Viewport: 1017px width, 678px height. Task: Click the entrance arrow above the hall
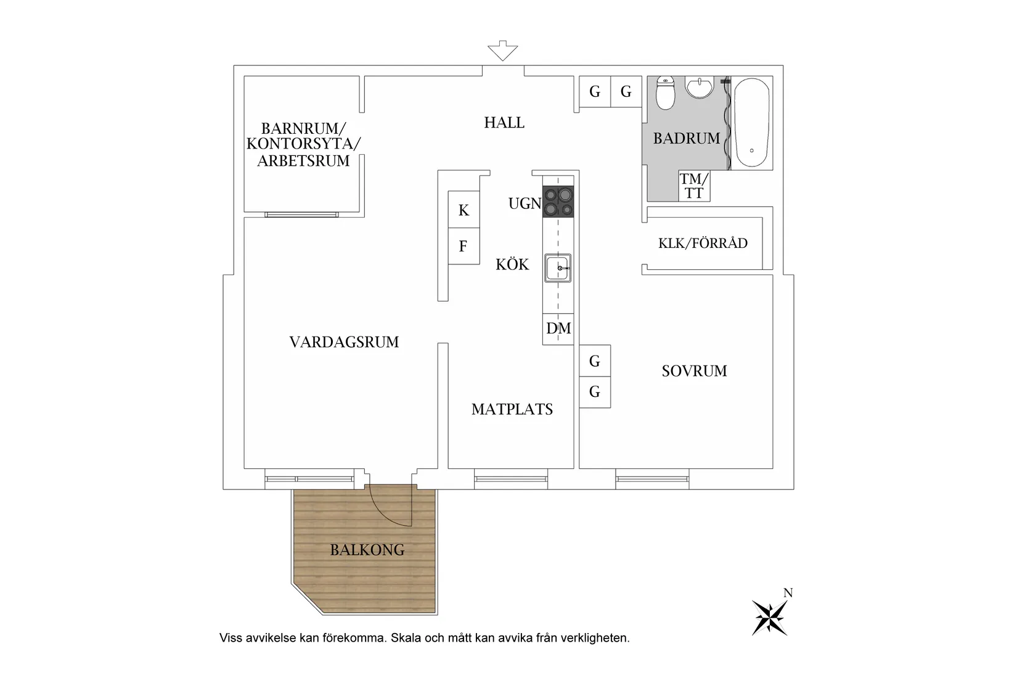click(502, 51)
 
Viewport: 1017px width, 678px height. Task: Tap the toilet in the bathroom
click(666, 93)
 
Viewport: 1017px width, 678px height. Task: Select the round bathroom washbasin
click(700, 87)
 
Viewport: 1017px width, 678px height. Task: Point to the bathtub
click(752, 123)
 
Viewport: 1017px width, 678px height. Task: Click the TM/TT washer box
click(694, 186)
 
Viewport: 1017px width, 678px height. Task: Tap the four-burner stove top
click(558, 201)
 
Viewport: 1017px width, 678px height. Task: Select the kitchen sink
click(558, 268)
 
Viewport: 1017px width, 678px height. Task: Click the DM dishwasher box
click(558, 329)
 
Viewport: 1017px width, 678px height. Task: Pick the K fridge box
click(464, 210)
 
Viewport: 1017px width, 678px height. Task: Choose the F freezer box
click(464, 246)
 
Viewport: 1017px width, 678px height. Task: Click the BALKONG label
click(367, 550)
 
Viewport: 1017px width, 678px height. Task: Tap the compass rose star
click(769, 618)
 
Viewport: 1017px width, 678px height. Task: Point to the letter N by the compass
click(788, 593)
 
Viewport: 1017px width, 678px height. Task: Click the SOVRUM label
click(694, 371)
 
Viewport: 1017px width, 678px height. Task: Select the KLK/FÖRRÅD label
click(703, 243)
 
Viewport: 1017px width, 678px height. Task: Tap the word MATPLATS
click(512, 410)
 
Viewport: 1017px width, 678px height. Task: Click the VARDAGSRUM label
click(344, 342)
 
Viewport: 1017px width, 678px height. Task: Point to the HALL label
click(504, 123)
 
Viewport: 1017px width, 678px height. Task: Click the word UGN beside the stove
click(525, 203)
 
